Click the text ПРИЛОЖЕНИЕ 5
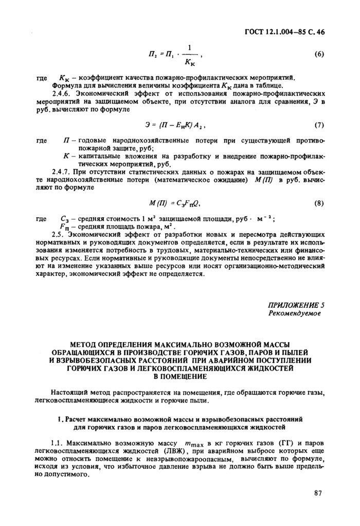[x=297, y=305]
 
